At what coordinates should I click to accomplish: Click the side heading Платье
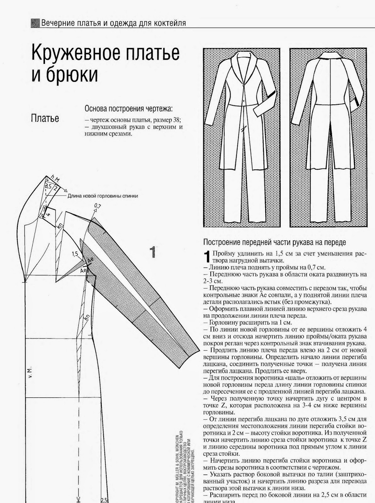point(45,119)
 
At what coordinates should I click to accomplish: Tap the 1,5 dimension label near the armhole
point(75,253)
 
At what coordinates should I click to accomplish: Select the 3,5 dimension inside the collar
point(48,186)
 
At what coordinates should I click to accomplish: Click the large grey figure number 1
point(153,252)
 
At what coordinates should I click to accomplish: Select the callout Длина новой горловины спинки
point(103,196)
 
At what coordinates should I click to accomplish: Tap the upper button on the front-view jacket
point(242,85)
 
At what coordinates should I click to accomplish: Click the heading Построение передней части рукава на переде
point(274,242)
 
